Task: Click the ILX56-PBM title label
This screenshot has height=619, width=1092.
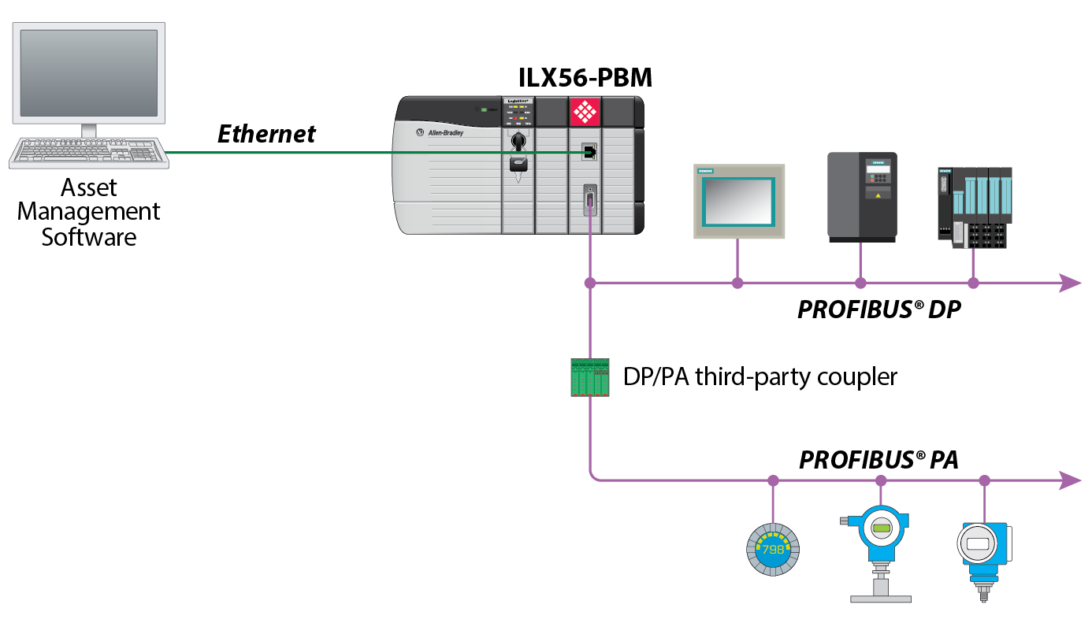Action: [585, 77]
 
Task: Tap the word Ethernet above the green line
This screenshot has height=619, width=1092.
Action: [266, 134]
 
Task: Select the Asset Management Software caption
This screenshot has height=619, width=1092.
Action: [89, 212]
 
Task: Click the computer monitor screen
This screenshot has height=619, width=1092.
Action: [88, 72]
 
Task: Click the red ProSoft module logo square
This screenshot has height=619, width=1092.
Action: [585, 111]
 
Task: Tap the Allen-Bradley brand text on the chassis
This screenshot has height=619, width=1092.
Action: [444, 133]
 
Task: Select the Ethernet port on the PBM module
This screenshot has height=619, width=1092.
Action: [588, 152]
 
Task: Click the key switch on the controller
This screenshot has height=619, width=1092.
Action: [518, 142]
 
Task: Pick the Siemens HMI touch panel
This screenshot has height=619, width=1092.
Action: [738, 201]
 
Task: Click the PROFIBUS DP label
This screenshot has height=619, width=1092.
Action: [879, 309]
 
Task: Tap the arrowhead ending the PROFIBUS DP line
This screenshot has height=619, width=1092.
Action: [1070, 283]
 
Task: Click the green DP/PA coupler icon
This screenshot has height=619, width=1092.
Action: [590, 376]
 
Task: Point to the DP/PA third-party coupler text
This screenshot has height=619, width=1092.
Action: [760, 376]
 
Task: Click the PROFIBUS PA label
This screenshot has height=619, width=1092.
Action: [878, 460]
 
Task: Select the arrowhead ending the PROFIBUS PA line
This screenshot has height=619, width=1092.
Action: [1070, 480]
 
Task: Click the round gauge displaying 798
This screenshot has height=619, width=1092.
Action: [772, 549]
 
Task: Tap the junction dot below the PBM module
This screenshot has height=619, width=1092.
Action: [589, 283]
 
